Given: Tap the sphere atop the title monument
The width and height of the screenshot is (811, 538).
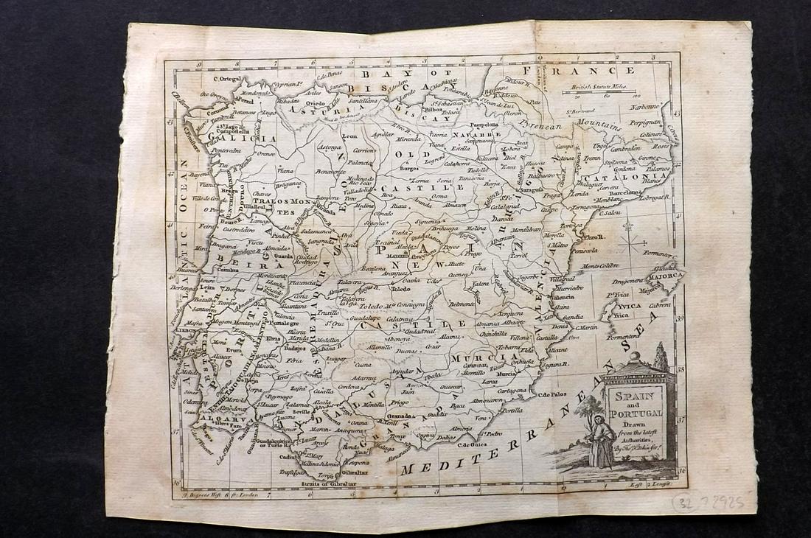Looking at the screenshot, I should [x=635, y=357].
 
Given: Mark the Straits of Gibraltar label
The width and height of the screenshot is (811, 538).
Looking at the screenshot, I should [x=329, y=483].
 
